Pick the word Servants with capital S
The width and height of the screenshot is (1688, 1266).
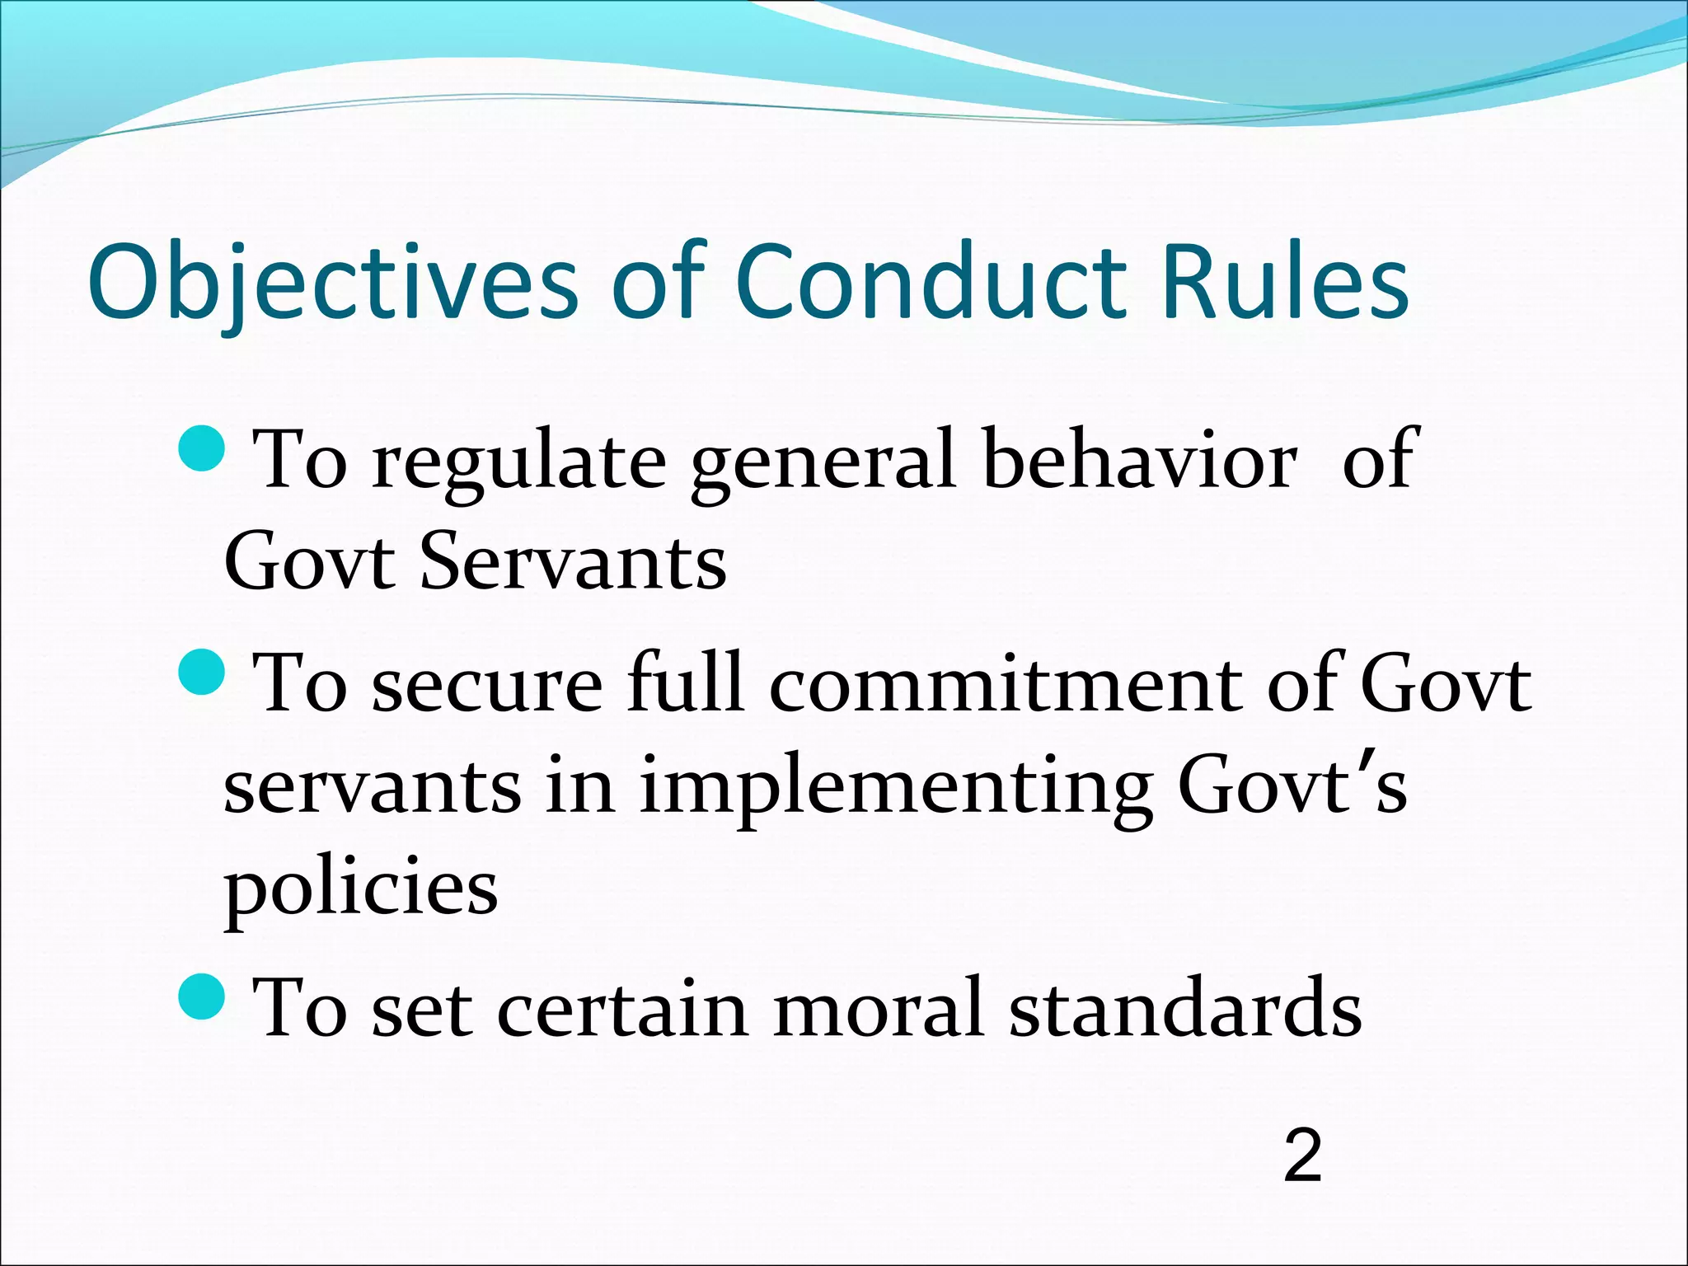pos(574,563)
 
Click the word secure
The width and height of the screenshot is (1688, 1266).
pos(487,683)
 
